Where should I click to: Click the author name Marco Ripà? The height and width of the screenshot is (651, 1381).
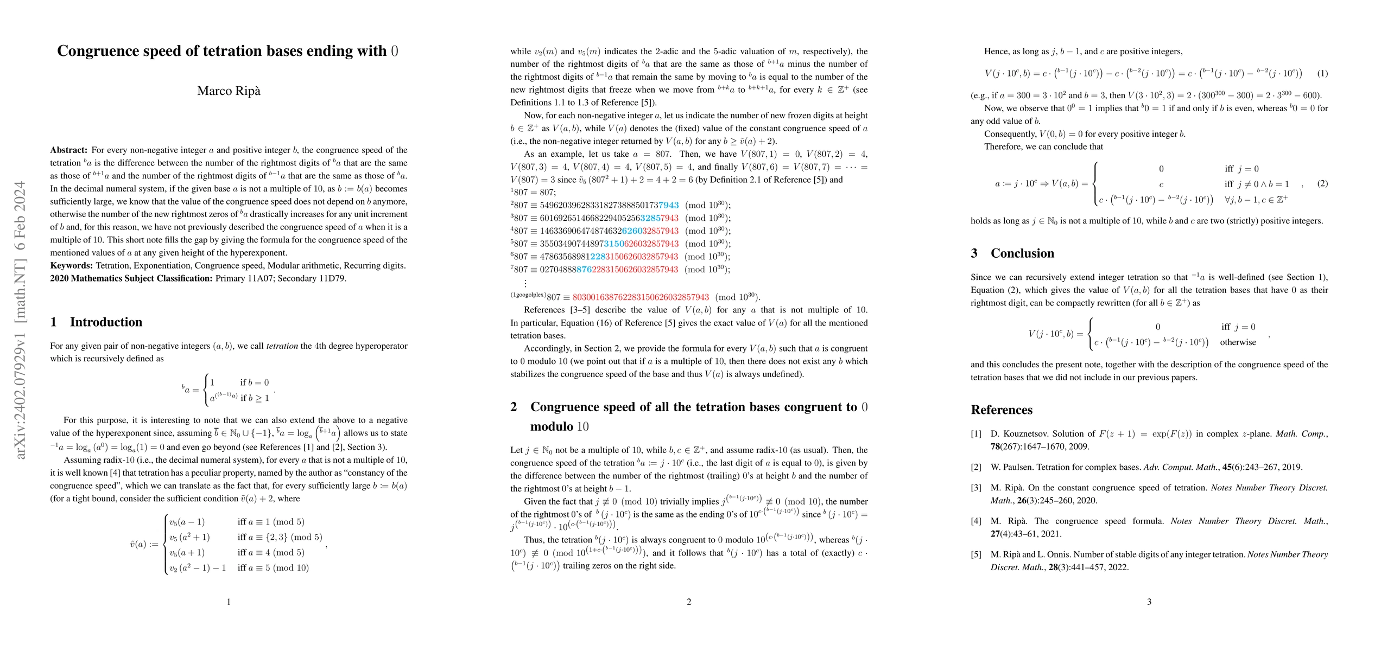point(229,91)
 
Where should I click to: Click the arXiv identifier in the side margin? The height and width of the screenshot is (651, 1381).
point(21,320)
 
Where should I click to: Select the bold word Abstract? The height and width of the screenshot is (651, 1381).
point(68,150)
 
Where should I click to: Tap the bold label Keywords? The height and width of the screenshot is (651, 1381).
point(71,266)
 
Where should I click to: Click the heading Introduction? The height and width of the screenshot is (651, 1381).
point(106,322)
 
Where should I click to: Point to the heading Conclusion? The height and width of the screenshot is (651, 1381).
point(1022,253)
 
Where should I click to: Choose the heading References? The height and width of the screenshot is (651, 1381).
point(1002,410)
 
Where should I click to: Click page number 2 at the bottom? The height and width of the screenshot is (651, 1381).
point(689,602)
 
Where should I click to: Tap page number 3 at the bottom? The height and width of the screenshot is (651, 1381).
point(1149,602)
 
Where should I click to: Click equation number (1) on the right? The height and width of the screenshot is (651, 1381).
point(1322,73)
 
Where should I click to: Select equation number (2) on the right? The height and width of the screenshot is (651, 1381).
point(1322,183)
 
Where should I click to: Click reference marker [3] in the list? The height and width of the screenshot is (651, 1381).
point(976,488)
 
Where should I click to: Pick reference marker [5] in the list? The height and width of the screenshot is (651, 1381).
point(976,555)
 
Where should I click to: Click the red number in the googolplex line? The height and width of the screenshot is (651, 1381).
point(641,297)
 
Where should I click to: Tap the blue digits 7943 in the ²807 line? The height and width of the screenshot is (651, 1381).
point(668,206)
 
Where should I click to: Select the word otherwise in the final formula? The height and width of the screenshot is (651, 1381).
point(1238,343)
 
